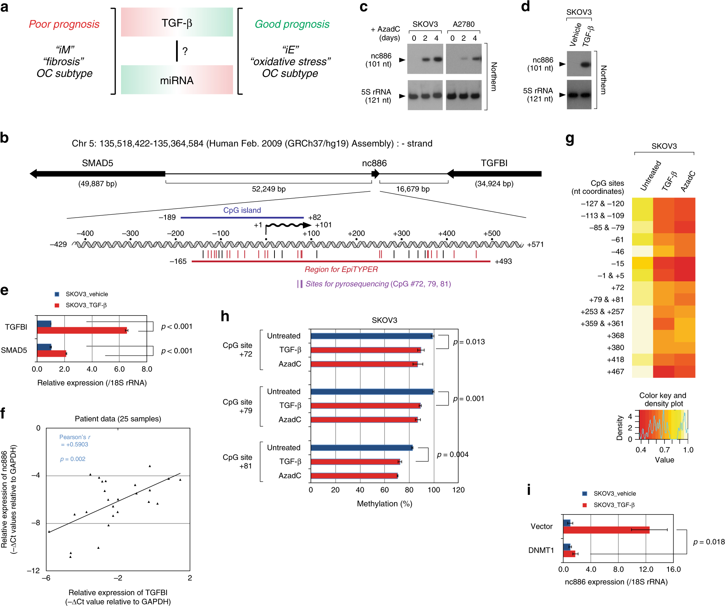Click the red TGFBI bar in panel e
(82, 330)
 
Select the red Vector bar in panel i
(606, 529)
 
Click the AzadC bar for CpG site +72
(364, 364)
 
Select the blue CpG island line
(242, 218)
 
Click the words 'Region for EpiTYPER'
(341, 269)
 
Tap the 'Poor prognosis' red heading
(64, 24)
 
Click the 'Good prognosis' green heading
(292, 24)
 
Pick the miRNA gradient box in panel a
(177, 80)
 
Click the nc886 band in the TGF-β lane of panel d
(585, 64)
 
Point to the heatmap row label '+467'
(615, 372)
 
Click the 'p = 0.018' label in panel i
(709, 542)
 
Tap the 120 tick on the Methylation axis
(458, 490)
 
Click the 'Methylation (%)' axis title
(385, 504)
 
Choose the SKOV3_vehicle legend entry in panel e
(86, 294)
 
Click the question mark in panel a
(185, 51)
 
